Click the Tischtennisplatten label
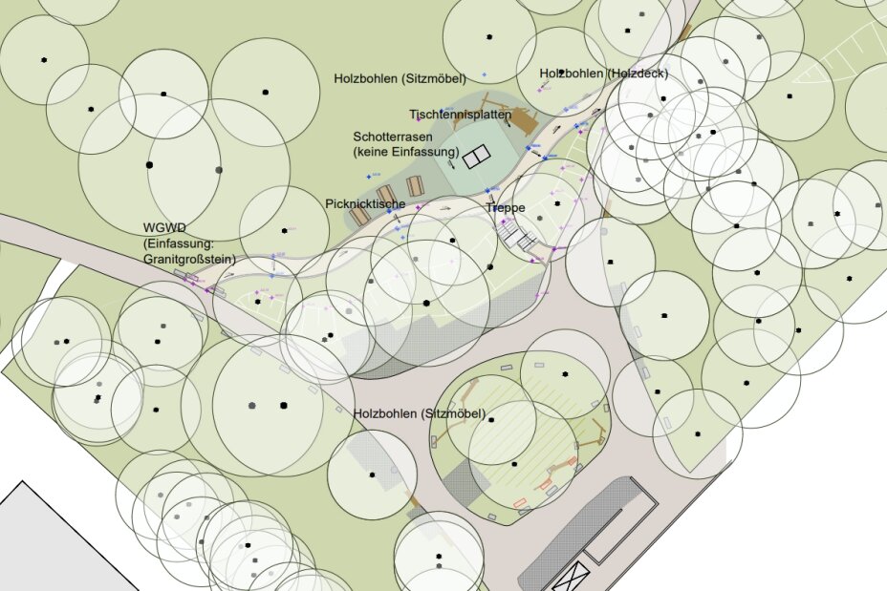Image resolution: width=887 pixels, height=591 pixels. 460,115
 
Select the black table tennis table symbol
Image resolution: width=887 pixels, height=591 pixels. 476,157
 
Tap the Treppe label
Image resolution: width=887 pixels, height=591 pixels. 505,207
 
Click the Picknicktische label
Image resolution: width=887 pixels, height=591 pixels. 365,204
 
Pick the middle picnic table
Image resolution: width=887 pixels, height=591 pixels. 386,195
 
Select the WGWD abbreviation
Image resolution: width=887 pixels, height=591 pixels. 163,227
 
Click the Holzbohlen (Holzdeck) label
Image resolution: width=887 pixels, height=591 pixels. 603,74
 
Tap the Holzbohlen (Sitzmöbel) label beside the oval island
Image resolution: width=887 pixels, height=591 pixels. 419,413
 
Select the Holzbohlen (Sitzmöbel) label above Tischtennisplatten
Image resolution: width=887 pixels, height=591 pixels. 400,77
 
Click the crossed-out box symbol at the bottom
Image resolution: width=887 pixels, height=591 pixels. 572,578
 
